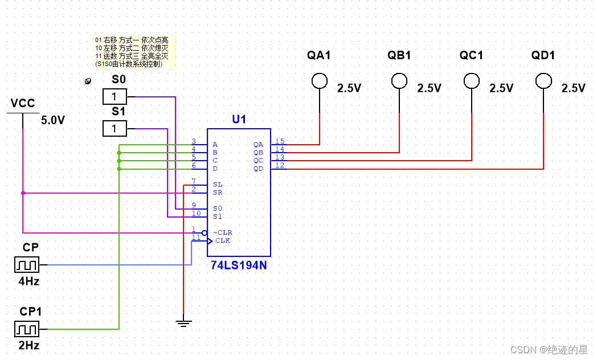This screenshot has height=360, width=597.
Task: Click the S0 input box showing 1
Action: (115, 96)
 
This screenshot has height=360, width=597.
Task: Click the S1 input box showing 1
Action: (115, 129)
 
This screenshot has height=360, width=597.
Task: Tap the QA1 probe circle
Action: (320, 81)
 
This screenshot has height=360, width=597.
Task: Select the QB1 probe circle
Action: (399, 81)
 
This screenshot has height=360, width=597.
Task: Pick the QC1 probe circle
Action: (471, 81)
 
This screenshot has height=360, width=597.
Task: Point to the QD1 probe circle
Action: (543, 81)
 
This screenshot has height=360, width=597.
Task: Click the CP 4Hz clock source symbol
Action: (27, 265)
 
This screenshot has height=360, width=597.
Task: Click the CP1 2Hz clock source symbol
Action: (27, 329)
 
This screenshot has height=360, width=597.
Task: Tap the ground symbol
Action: (183, 324)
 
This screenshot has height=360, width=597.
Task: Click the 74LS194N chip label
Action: (238, 265)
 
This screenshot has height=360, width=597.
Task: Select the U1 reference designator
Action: (239, 120)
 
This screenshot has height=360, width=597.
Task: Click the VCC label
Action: (23, 104)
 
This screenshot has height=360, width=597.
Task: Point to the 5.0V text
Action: (53, 120)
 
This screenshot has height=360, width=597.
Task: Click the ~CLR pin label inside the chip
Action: (223, 232)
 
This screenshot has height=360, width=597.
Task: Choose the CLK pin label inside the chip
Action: (223, 240)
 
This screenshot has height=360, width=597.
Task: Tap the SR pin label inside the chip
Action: (217, 193)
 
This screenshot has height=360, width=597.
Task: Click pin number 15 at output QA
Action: (280, 141)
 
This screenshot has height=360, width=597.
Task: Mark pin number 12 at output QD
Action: (280, 165)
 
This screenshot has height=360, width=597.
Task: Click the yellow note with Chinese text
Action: (134, 52)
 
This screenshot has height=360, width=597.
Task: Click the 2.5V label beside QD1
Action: (573, 88)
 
